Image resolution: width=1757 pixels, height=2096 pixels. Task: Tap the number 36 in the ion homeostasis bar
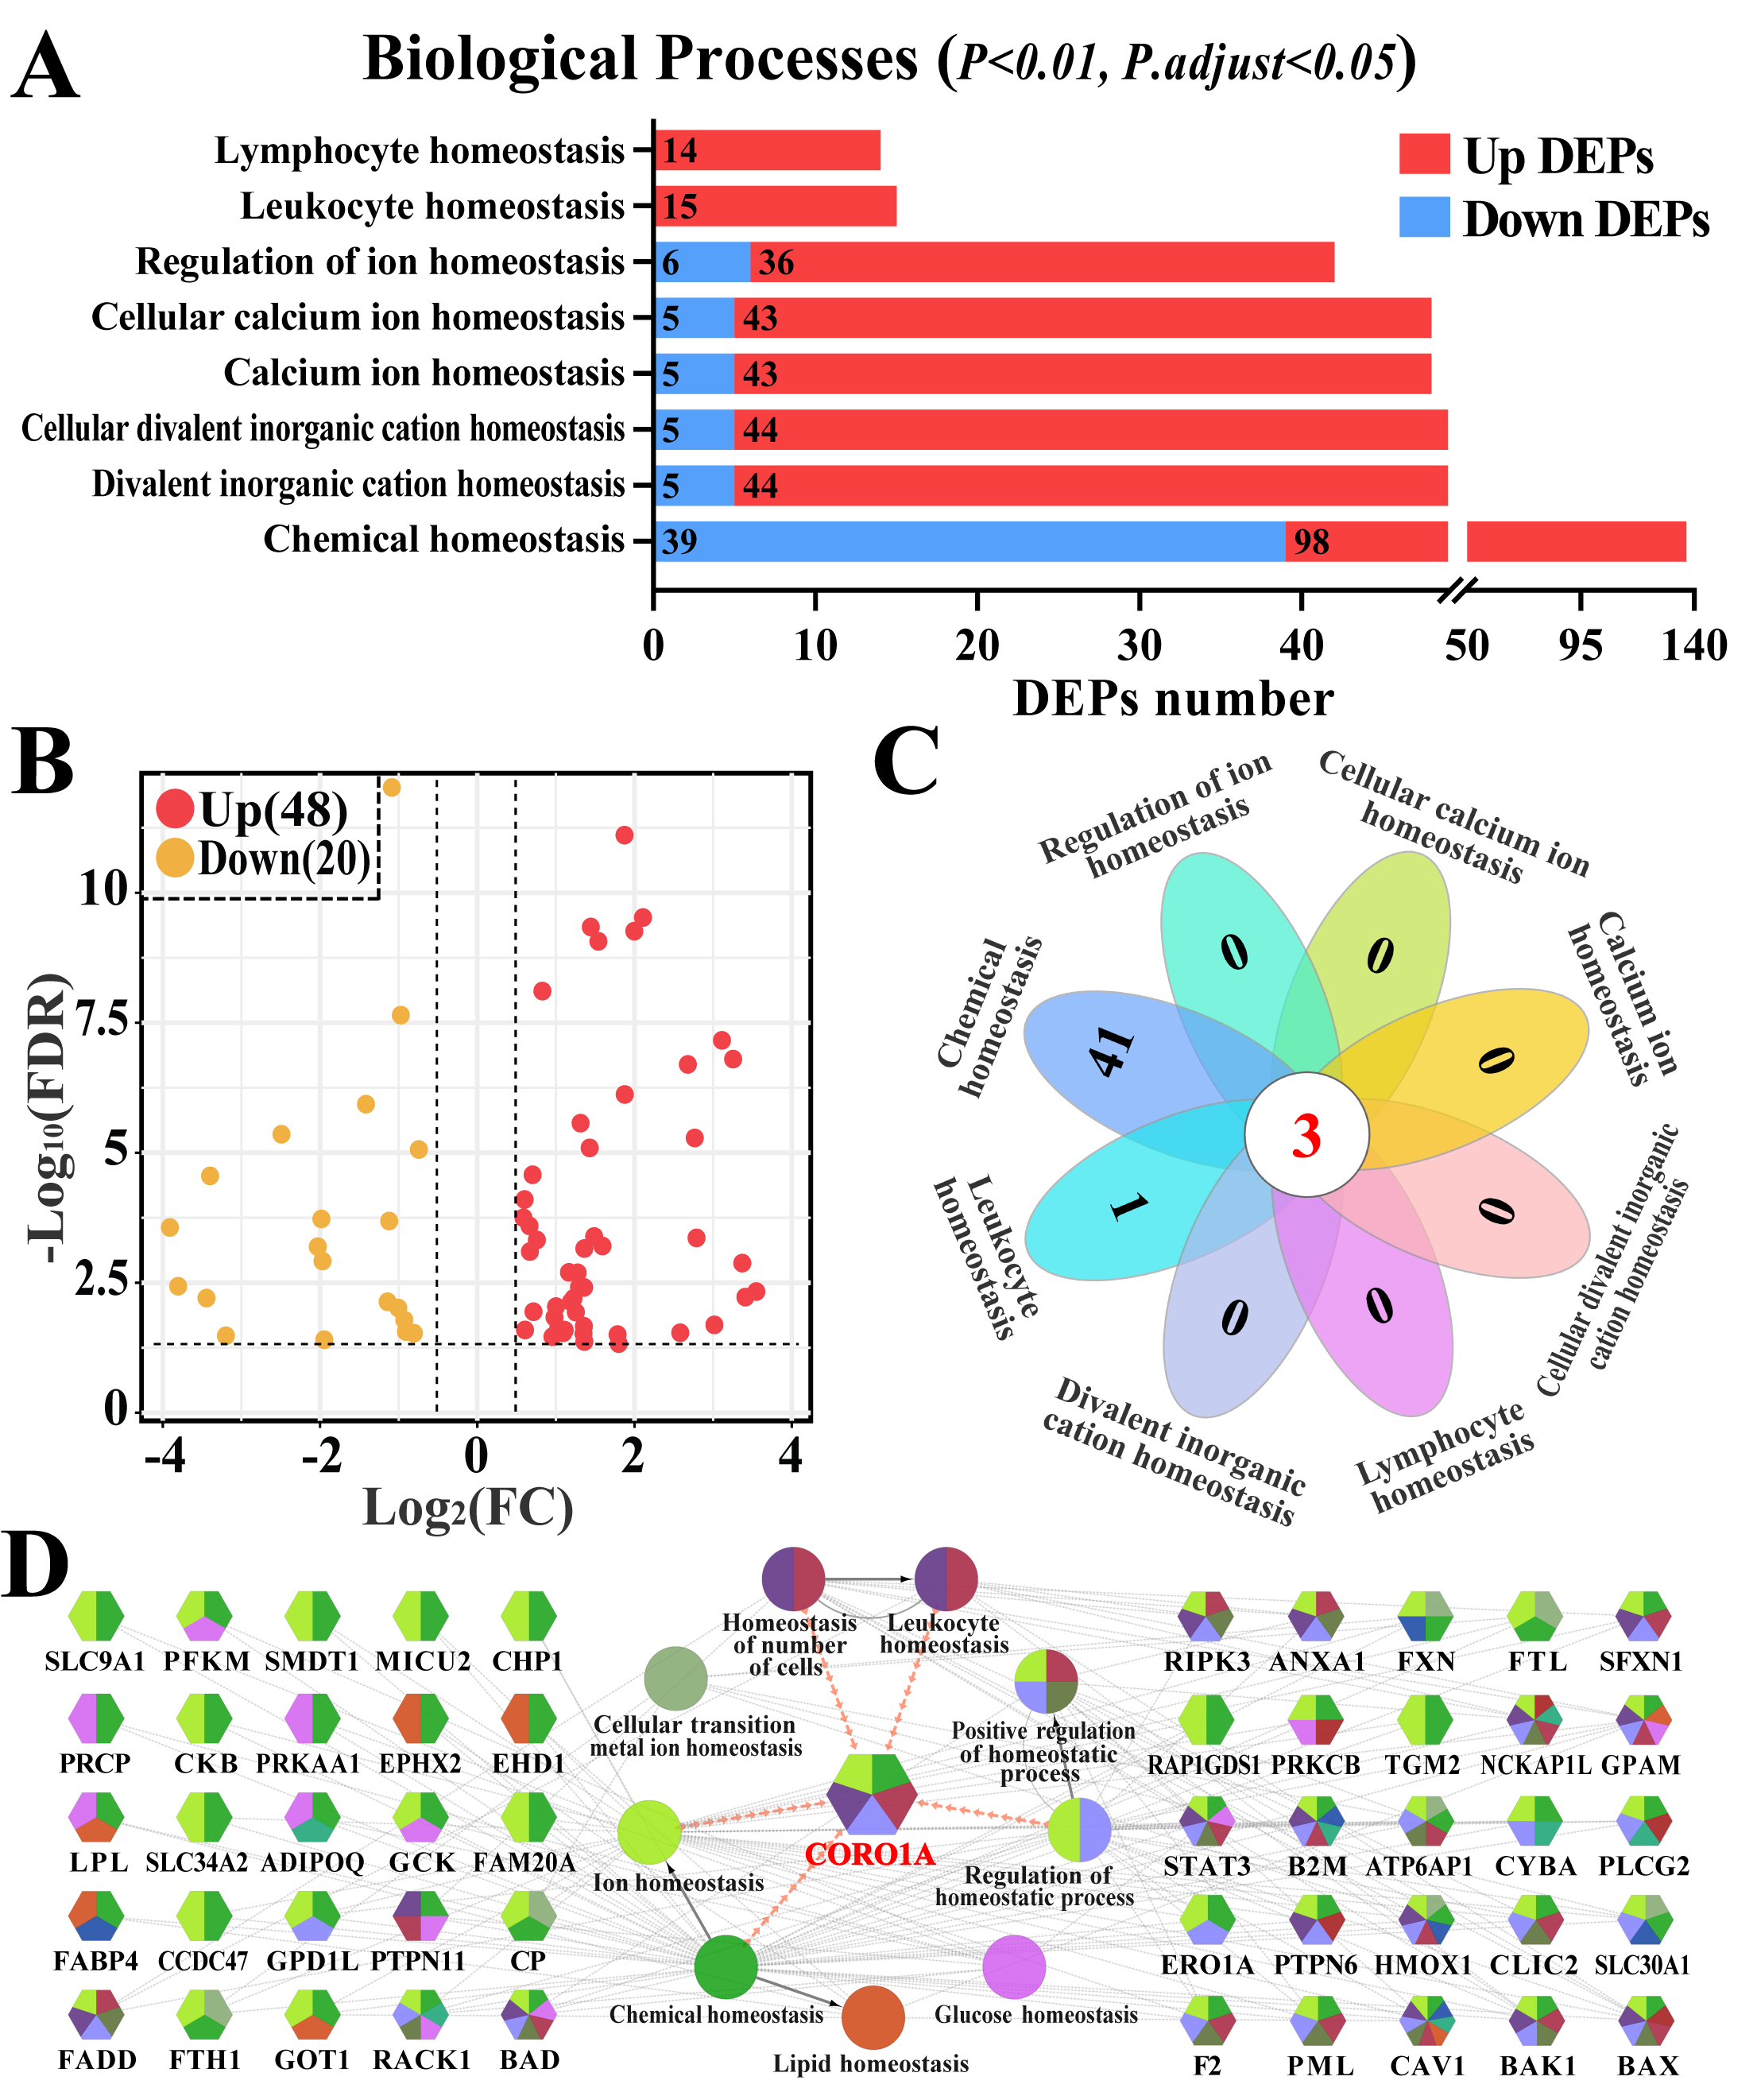tap(776, 262)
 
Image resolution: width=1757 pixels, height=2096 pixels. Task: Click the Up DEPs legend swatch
tap(1424, 155)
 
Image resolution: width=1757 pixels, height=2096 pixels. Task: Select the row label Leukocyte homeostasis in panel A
tap(432, 206)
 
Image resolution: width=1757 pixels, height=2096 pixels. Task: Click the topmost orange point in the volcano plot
tap(391, 788)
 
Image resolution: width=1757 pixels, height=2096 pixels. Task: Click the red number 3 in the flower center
tap(1305, 1136)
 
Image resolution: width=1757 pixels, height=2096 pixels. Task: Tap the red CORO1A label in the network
tap(869, 1854)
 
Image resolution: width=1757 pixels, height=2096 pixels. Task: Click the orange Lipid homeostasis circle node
tap(872, 2017)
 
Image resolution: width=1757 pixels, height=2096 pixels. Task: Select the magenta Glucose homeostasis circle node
tap(1014, 1966)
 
